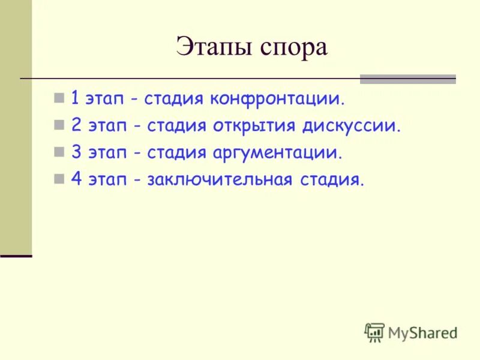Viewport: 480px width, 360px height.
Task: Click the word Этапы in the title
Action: pyautogui.click(x=212, y=47)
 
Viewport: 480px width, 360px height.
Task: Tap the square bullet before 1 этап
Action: pyautogui.click(x=58, y=98)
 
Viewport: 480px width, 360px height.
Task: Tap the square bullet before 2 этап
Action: pyautogui.click(x=58, y=125)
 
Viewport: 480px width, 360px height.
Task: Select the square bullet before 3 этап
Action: pyautogui.click(x=58, y=152)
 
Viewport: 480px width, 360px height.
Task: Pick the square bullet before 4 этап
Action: pyautogui.click(x=58, y=179)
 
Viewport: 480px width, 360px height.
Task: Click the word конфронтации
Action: pyautogui.click(x=278, y=98)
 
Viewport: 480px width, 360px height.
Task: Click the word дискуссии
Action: pyautogui.click(x=351, y=125)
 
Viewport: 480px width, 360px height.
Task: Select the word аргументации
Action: pyautogui.click(x=277, y=152)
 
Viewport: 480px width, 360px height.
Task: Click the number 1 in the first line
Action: pyautogui.click(x=75, y=98)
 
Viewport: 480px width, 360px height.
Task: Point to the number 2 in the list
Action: pyautogui.click(x=76, y=125)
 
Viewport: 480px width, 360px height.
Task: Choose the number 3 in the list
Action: pyautogui.click(x=76, y=152)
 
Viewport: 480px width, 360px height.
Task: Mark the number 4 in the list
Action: pyautogui.click(x=76, y=179)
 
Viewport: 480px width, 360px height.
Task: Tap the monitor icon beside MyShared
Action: pyautogui.click(x=374, y=332)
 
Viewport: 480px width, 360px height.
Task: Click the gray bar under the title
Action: pyautogui.click(x=407, y=79)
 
